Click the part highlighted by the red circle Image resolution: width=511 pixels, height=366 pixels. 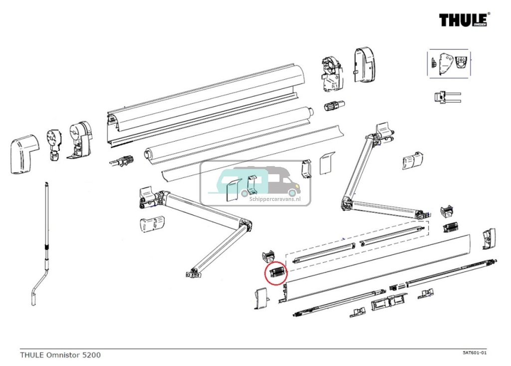pos(276,272)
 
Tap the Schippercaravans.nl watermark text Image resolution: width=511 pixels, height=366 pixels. pos(274,198)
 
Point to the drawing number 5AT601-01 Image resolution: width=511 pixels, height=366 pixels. pos(474,353)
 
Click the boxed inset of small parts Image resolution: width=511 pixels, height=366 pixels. pos(449,63)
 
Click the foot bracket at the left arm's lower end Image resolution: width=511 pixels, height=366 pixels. pos(193,273)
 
